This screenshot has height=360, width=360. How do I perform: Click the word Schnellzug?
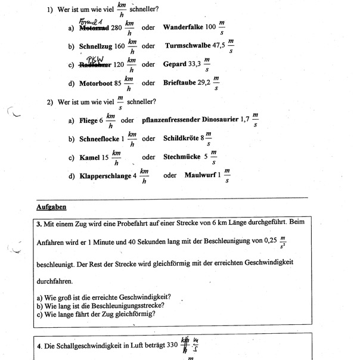(x=96, y=46)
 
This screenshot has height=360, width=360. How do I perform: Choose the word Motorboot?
(x=95, y=83)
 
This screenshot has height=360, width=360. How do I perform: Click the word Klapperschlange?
(x=105, y=176)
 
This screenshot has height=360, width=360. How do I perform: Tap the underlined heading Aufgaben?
(x=51, y=207)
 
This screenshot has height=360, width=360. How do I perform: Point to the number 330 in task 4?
(x=172, y=345)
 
